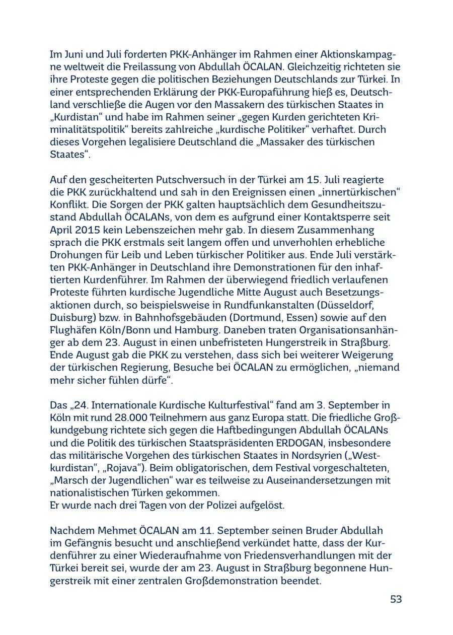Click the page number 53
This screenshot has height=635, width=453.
click(x=396, y=599)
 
